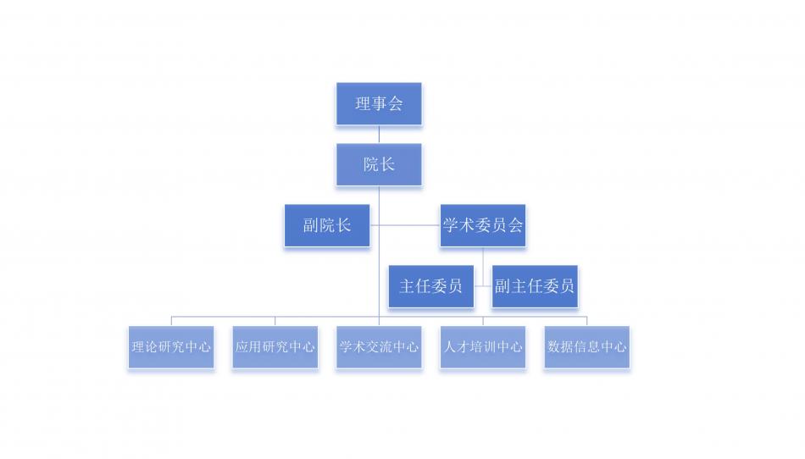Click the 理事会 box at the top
pyautogui.click(x=379, y=104)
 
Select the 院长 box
pyautogui.click(x=379, y=164)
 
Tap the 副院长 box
pyautogui.click(x=327, y=225)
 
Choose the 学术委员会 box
pyautogui.click(x=482, y=225)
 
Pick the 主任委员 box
pyautogui.click(x=430, y=286)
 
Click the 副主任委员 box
pyautogui.click(x=535, y=286)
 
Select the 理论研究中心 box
pyautogui.click(x=171, y=347)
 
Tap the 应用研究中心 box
pyautogui.click(x=275, y=347)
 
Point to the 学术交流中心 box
pyautogui.click(x=379, y=347)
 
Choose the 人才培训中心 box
pyautogui.click(x=483, y=347)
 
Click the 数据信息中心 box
pyautogui.click(x=586, y=347)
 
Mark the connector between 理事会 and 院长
pyautogui.click(x=379, y=135)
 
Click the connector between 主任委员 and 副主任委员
pyautogui.click(x=483, y=286)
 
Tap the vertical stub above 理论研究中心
pyautogui.click(x=171, y=321)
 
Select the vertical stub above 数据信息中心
pyautogui.click(x=586, y=321)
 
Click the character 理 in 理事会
pyautogui.click(x=364, y=104)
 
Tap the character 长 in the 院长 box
pyautogui.click(x=387, y=164)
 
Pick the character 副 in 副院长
pyautogui.click(x=311, y=225)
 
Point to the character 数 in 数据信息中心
pyautogui.click(x=555, y=347)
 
